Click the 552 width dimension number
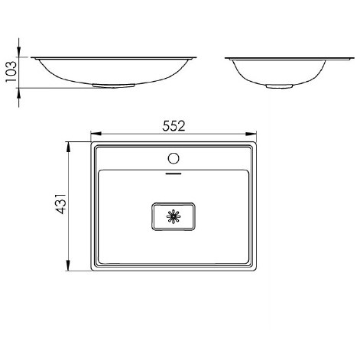[174, 126]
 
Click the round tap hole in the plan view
[174, 159]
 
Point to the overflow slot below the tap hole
[174, 174]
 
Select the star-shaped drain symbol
[174, 216]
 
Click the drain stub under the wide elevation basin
[99, 86]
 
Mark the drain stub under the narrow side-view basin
[273, 86]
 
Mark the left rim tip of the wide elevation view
[32, 57]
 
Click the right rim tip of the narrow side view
[341, 57]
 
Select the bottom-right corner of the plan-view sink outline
[258, 272]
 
